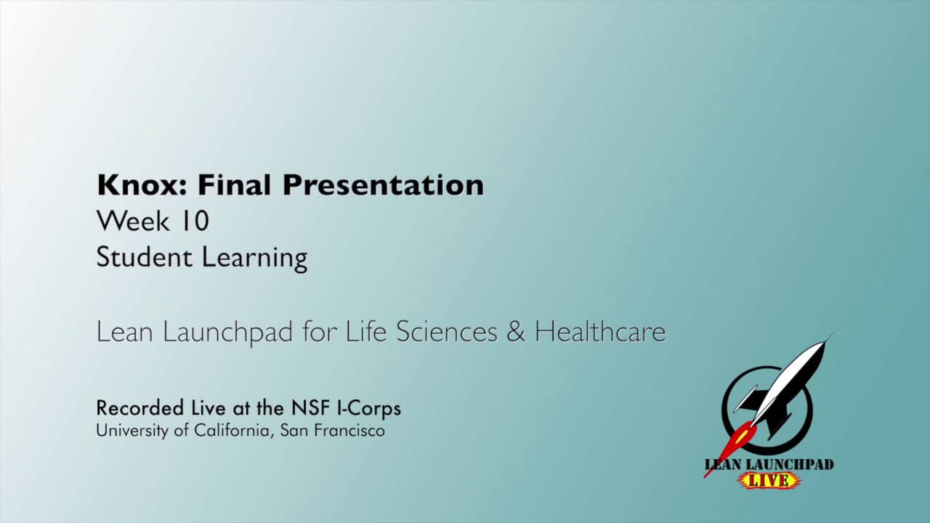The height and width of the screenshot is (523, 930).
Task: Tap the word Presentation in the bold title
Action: pos(383,186)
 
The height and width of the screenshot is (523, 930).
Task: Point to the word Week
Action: pos(133,222)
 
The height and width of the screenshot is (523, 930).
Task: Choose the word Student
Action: pos(145,257)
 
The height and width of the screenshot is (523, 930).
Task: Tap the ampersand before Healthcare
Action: pos(515,332)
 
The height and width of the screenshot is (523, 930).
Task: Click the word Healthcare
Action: pos(599,332)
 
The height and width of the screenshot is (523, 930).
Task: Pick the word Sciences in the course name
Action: pos(446,332)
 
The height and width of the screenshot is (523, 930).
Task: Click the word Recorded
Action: pos(139,408)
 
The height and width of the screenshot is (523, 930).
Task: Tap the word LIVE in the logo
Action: pos(769,481)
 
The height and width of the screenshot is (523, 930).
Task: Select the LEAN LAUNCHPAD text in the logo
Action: pos(769,465)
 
